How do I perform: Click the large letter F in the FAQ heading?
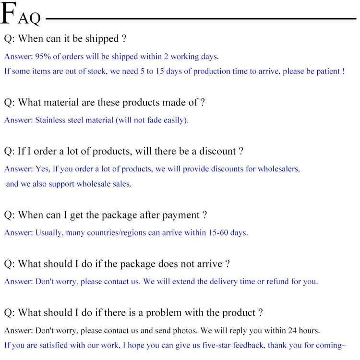pos(9,13)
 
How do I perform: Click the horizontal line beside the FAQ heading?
pos(201,19)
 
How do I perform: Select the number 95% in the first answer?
pos(43,57)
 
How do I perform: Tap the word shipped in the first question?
pos(102,39)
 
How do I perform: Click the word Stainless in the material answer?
pos(50,120)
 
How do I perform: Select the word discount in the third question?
pos(217,151)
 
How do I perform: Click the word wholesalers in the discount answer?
pos(279,169)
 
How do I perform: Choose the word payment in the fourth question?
pos(181,216)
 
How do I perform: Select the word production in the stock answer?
pos(212,72)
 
